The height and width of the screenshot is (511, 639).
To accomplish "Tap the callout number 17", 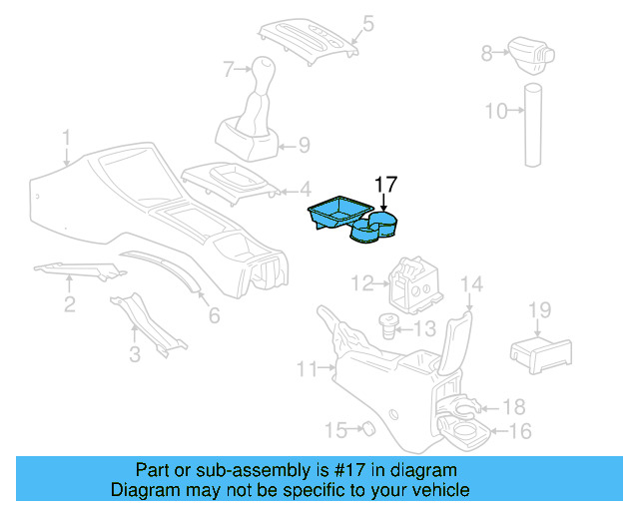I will coord(385,185).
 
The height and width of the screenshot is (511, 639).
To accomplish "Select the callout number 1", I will coord(66,137).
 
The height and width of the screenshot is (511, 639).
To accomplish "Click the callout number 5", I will coord(367,22).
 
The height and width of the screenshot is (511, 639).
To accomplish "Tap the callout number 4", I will coord(305,187).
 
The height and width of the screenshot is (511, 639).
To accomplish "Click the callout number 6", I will coord(214,315).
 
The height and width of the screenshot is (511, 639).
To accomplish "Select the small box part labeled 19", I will coord(539,351).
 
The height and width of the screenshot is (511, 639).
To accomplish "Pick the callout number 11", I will coord(307,370).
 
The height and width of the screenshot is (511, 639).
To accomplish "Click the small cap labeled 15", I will coord(366,428).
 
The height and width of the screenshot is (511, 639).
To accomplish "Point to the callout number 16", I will coord(520,431).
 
